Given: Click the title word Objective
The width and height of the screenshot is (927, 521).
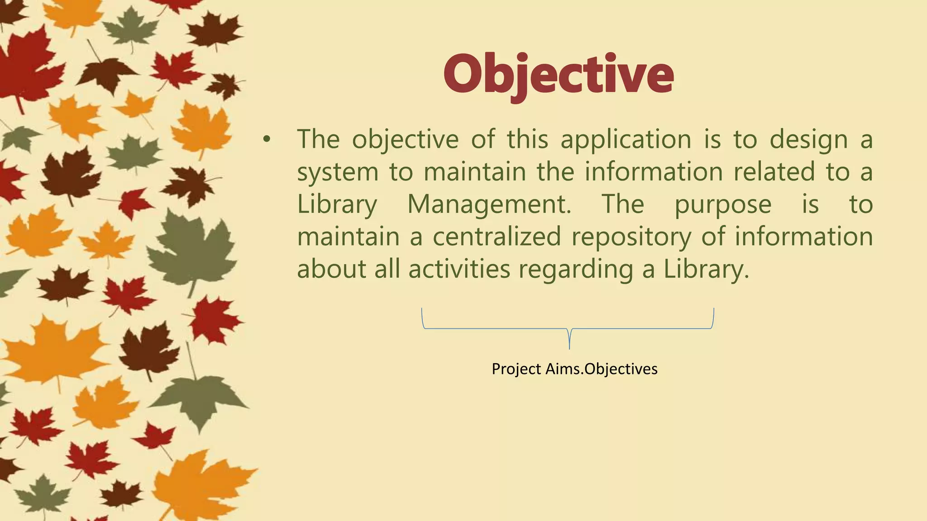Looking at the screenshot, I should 559,75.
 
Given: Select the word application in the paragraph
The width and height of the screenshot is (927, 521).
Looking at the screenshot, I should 626,140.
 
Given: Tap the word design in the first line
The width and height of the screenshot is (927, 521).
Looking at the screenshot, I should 808,140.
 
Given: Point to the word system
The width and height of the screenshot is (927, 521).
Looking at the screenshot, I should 337,173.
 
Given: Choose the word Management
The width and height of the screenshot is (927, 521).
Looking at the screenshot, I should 489,205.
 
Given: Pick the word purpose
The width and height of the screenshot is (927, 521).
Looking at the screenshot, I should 723,205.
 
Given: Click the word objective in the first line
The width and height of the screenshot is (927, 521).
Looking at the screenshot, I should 405,140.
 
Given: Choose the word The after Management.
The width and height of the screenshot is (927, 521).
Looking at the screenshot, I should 622,205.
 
